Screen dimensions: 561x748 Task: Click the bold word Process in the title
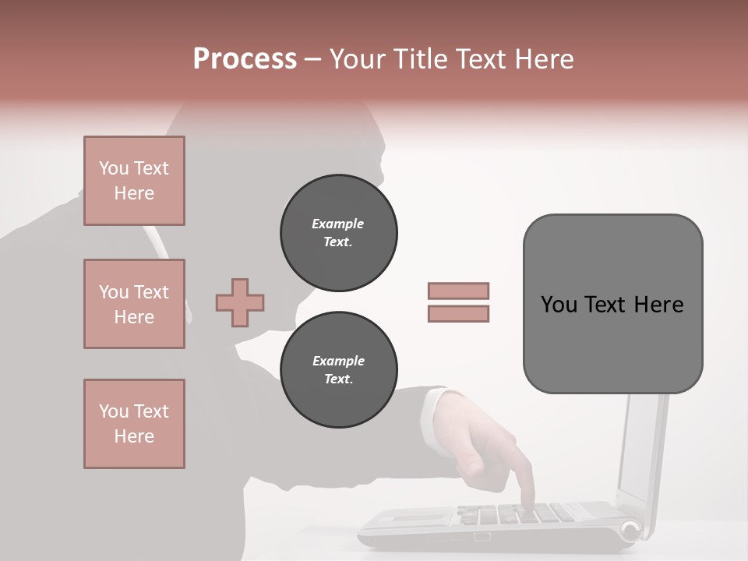[245, 58]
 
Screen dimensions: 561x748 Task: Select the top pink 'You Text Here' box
[134, 181]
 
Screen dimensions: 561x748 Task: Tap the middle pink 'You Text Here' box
[134, 304]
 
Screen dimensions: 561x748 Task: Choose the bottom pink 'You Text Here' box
[134, 424]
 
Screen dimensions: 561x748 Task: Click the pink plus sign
[240, 302]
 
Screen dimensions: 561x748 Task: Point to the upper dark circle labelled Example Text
[339, 232]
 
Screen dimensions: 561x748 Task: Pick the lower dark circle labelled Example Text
[339, 370]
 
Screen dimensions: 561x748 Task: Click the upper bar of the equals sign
[459, 291]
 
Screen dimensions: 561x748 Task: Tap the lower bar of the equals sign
[459, 314]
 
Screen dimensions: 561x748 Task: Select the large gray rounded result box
[612, 304]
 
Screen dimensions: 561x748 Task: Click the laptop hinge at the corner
[630, 531]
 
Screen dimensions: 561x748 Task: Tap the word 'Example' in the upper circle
[338, 224]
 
